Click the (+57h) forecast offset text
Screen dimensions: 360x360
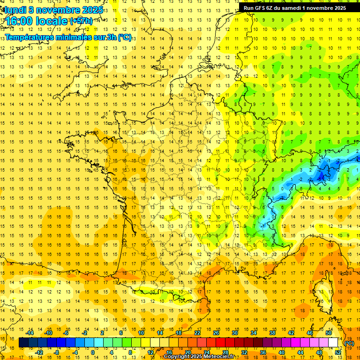81,21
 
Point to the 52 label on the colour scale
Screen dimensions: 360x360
337,352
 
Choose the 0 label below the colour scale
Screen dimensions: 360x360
92,352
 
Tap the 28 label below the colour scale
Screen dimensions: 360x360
225,352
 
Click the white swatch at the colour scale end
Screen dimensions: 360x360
333,343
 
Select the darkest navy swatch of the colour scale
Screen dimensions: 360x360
23,343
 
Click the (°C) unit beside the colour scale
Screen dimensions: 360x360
349,343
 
